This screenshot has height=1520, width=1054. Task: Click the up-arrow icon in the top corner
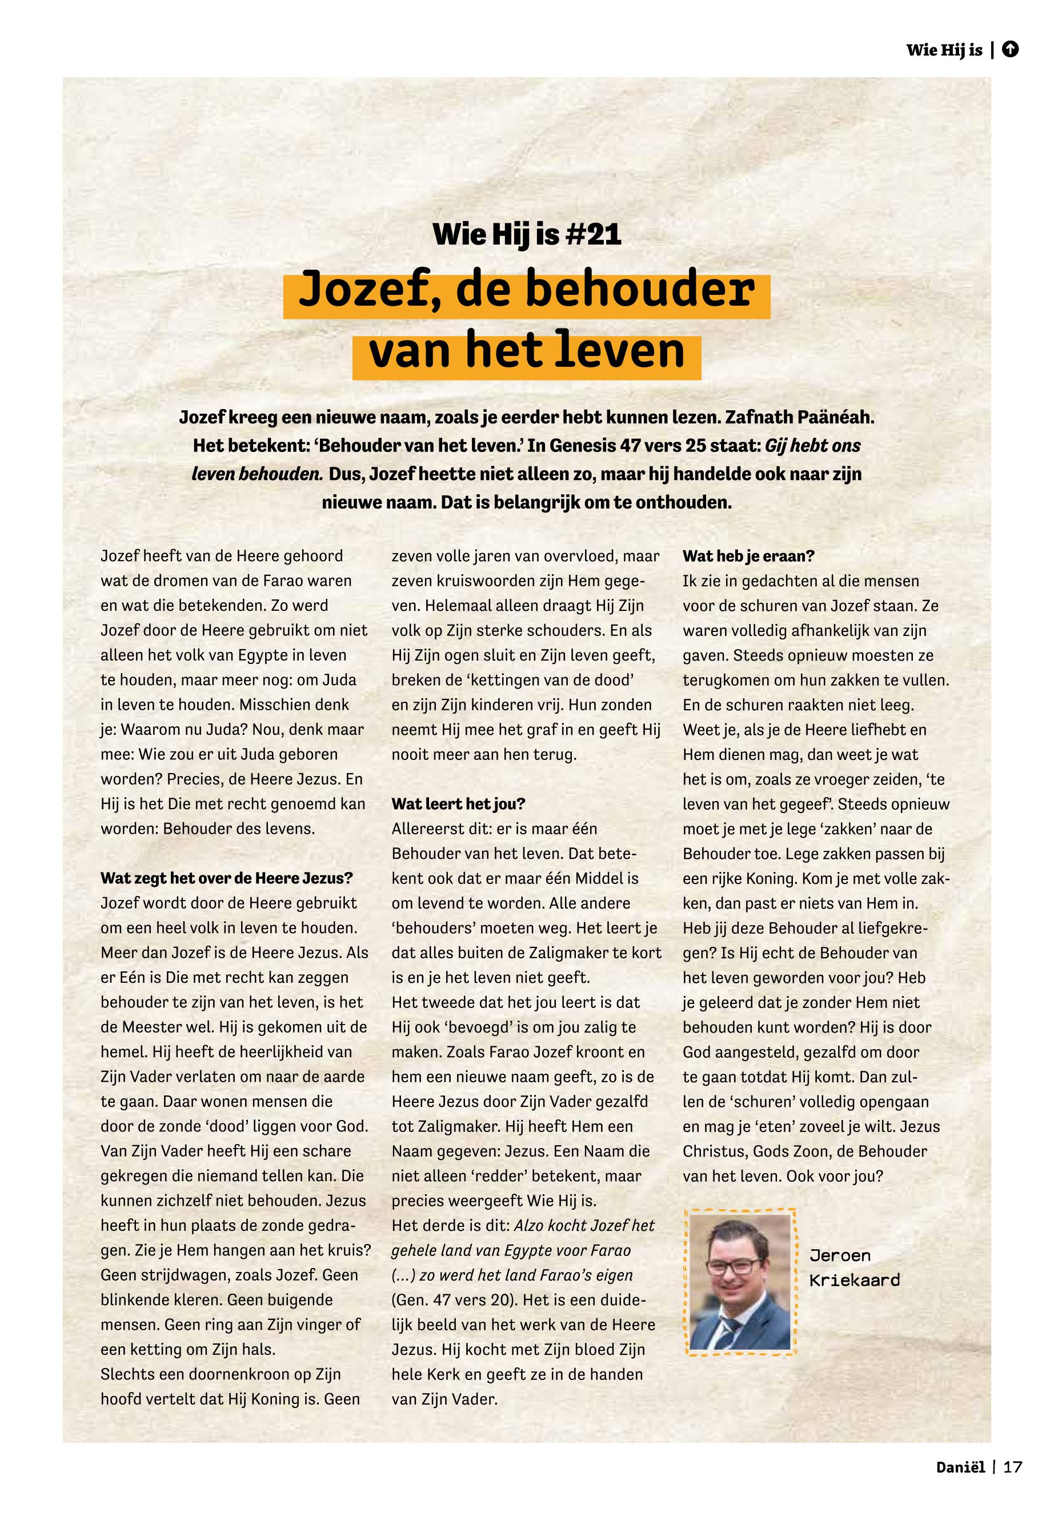(1010, 50)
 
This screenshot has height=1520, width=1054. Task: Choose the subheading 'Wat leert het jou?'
(458, 804)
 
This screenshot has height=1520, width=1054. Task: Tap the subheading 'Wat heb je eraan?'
(748, 556)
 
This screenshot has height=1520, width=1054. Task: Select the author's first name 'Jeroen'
(839, 1256)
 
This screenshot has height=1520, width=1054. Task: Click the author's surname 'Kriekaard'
(854, 1280)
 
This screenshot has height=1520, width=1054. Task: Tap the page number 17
(1012, 1468)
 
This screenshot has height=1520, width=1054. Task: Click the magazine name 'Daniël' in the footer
(960, 1468)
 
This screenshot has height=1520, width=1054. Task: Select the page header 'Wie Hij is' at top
(944, 50)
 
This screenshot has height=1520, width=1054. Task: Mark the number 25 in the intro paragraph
(695, 446)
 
